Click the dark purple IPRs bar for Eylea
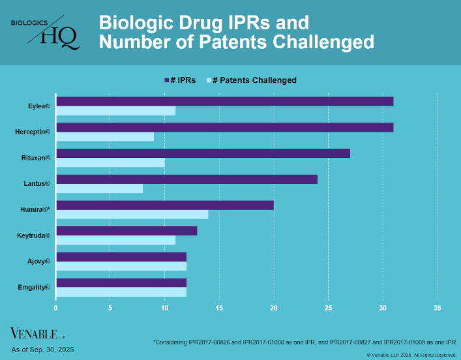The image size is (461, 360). (224, 101)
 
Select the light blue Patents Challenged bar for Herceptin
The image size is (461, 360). (105, 136)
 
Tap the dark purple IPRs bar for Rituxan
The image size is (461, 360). (203, 153)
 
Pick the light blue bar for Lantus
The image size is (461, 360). (99, 188)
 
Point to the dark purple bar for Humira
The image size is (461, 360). (165, 205)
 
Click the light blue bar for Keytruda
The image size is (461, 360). (115, 240)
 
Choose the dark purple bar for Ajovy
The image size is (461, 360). (121, 257)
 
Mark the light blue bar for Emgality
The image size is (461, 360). (121, 292)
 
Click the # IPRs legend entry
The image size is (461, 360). (179, 80)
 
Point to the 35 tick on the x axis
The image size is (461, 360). (437, 308)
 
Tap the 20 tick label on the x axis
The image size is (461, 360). (274, 308)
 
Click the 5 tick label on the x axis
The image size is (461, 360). (110, 308)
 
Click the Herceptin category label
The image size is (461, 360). (33, 132)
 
